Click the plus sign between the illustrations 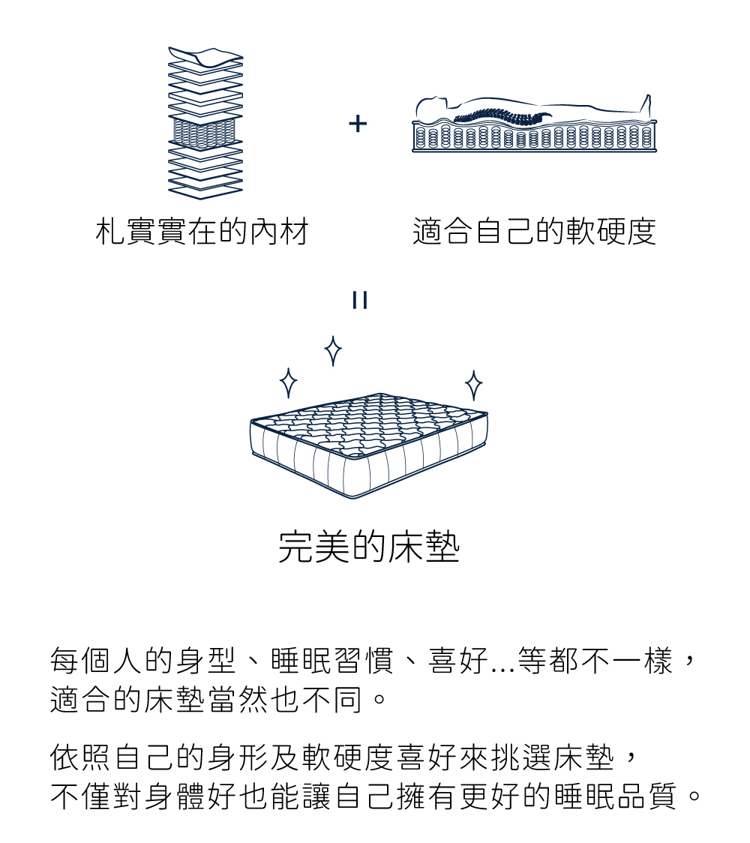(358, 124)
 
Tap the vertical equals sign (359, 301)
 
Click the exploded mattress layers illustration (205, 124)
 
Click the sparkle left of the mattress (287, 383)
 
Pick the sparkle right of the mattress (473, 385)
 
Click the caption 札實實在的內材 (202, 232)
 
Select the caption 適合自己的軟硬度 (534, 232)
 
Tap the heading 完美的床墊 (369, 548)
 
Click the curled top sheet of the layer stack (205, 55)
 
